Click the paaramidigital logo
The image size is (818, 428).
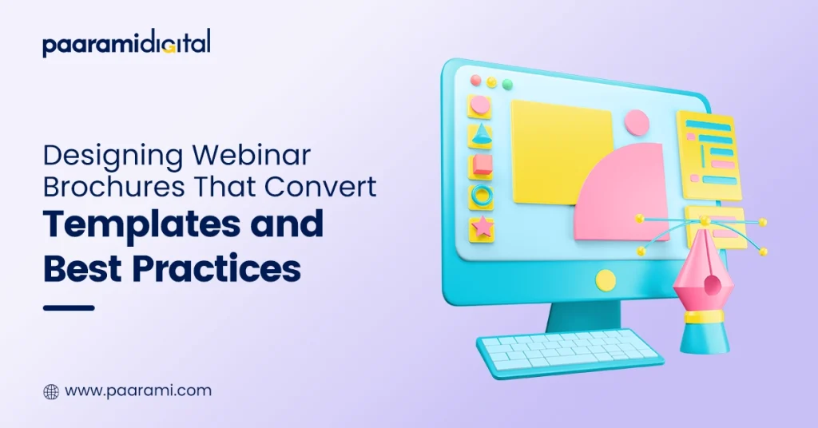point(127,43)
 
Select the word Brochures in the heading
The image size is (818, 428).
point(113,186)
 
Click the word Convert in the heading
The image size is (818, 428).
point(320,186)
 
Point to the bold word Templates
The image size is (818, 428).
point(141,224)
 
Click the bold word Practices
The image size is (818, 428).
point(216,268)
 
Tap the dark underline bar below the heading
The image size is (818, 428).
point(69,307)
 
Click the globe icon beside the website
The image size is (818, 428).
point(51,391)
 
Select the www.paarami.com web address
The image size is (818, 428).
point(138,391)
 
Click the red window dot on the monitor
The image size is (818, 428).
point(475,81)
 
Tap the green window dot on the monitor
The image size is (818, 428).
point(507,85)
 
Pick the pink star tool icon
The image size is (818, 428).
point(482,228)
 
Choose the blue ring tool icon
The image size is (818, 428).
point(482,196)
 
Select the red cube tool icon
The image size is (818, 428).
point(482,165)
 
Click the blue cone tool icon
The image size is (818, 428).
point(480,135)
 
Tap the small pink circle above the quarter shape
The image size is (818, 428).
point(637,122)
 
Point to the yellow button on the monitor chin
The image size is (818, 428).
point(606,280)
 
